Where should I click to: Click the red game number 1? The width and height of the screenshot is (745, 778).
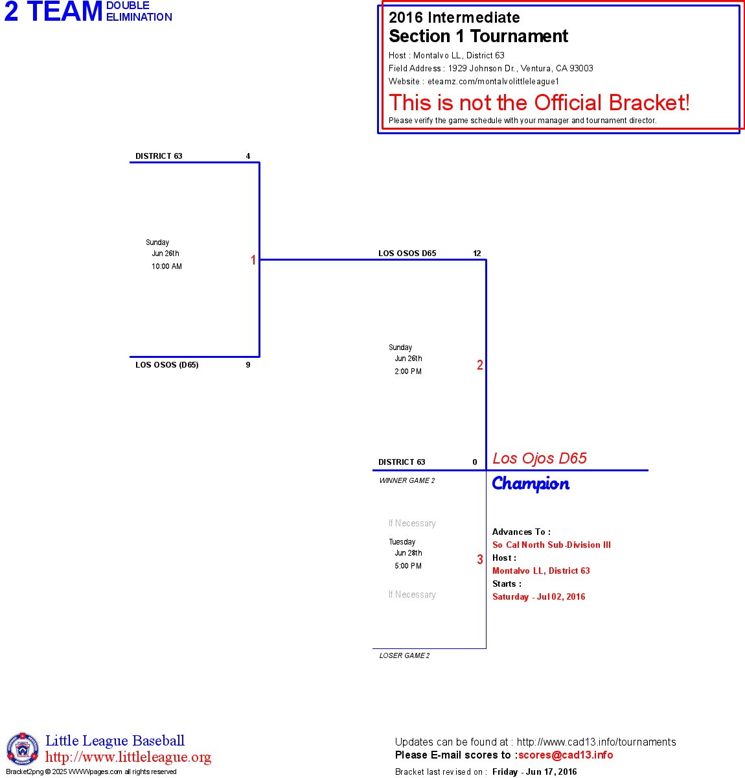(x=253, y=260)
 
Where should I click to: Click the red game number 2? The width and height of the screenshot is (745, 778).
(x=480, y=365)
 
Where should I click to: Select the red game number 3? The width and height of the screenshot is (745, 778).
(x=480, y=560)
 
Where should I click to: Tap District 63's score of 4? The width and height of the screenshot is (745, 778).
(x=248, y=156)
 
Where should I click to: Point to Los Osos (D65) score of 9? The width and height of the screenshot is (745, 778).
(x=248, y=365)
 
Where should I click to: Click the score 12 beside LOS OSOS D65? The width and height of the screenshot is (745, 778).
(x=477, y=253)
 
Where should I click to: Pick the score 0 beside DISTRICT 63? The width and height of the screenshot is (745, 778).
(x=475, y=462)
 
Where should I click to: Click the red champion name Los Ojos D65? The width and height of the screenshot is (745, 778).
(x=540, y=458)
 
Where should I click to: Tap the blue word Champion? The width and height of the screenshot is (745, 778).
(x=531, y=484)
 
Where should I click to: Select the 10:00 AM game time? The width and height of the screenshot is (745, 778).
(x=166, y=266)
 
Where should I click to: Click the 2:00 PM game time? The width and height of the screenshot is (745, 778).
(x=408, y=371)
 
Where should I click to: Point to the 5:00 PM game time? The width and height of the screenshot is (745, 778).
(x=408, y=566)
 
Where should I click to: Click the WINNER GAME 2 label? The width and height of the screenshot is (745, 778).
(x=407, y=480)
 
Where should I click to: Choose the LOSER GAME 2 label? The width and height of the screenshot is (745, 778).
(x=404, y=655)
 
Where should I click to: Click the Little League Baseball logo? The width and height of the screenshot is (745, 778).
(x=23, y=749)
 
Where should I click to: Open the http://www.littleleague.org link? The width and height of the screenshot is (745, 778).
(x=128, y=757)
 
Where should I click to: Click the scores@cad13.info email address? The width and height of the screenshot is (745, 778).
(x=566, y=755)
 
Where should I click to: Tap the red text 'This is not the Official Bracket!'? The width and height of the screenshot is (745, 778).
(x=539, y=102)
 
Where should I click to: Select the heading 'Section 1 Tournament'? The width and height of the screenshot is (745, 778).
(x=478, y=36)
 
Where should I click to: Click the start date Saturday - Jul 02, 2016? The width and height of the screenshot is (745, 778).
(x=538, y=596)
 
